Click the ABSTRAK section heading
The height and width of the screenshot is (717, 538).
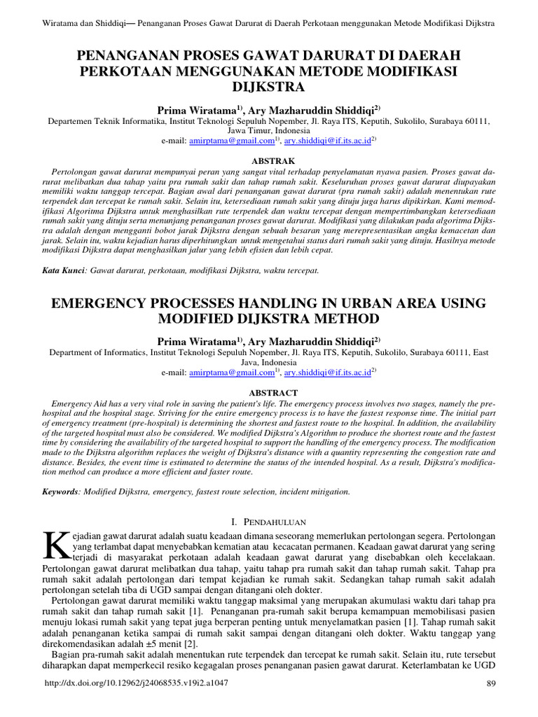(x=270, y=160)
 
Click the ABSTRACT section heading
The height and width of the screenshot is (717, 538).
(x=270, y=393)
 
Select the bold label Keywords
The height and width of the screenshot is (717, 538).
(x=62, y=492)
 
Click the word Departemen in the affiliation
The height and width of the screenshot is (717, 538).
(x=74, y=121)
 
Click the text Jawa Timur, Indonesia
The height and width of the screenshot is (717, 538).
(x=270, y=131)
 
